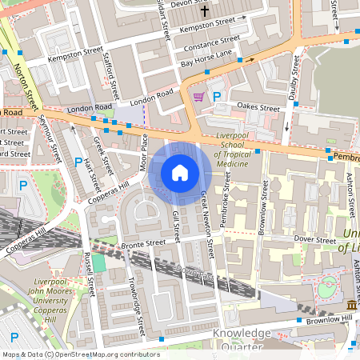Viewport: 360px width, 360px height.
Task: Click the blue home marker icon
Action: tap(180, 173)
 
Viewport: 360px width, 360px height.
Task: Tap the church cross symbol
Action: tap(204, 11)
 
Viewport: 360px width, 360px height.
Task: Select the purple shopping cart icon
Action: tap(198, 96)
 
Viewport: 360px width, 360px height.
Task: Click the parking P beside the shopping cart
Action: tap(217, 96)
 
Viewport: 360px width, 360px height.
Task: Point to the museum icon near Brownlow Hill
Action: tap(352, 305)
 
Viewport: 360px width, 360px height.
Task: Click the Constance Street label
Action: tap(211, 42)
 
